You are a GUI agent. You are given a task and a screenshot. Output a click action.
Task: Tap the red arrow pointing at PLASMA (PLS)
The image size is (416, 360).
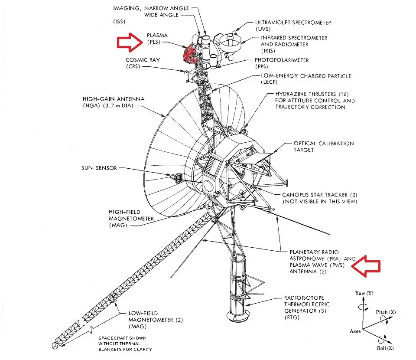(130, 43)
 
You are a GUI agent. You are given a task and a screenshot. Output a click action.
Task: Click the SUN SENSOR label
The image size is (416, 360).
(99, 168)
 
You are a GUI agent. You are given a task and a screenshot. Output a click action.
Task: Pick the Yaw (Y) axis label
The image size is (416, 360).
(364, 293)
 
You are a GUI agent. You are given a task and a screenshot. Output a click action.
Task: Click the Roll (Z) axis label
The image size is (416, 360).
(384, 348)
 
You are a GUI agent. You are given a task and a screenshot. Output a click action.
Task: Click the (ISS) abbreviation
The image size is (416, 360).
(119, 21)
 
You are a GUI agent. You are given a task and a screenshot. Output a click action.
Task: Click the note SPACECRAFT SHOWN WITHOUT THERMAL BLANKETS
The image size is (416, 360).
(125, 343)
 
